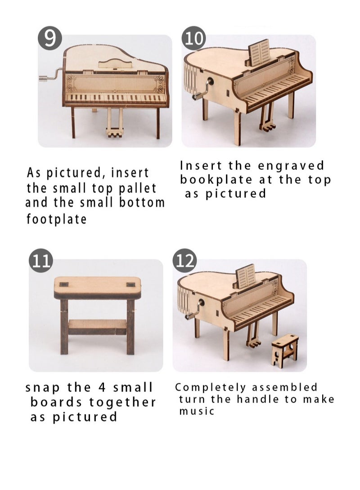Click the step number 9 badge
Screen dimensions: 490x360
pyautogui.click(x=49, y=38)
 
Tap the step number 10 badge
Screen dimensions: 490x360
pyautogui.click(x=193, y=38)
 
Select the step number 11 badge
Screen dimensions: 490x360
pyautogui.click(x=41, y=261)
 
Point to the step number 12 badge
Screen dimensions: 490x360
pyautogui.click(x=185, y=261)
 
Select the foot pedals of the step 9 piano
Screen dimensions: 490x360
pyautogui.click(x=114, y=131)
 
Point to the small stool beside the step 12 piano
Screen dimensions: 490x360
pyautogui.click(x=284, y=350)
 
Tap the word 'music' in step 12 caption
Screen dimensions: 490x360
pyautogui.click(x=197, y=411)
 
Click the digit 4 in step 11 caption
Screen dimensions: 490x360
pyautogui.click(x=102, y=388)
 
